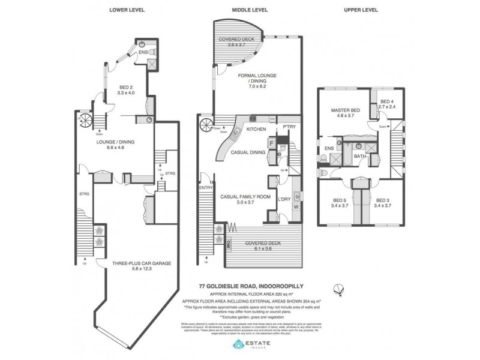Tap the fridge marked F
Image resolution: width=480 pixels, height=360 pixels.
coord(272,143)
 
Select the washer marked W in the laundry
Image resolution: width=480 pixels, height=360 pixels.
coord(295,207)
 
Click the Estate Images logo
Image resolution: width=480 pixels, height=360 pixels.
coord(249,344)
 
